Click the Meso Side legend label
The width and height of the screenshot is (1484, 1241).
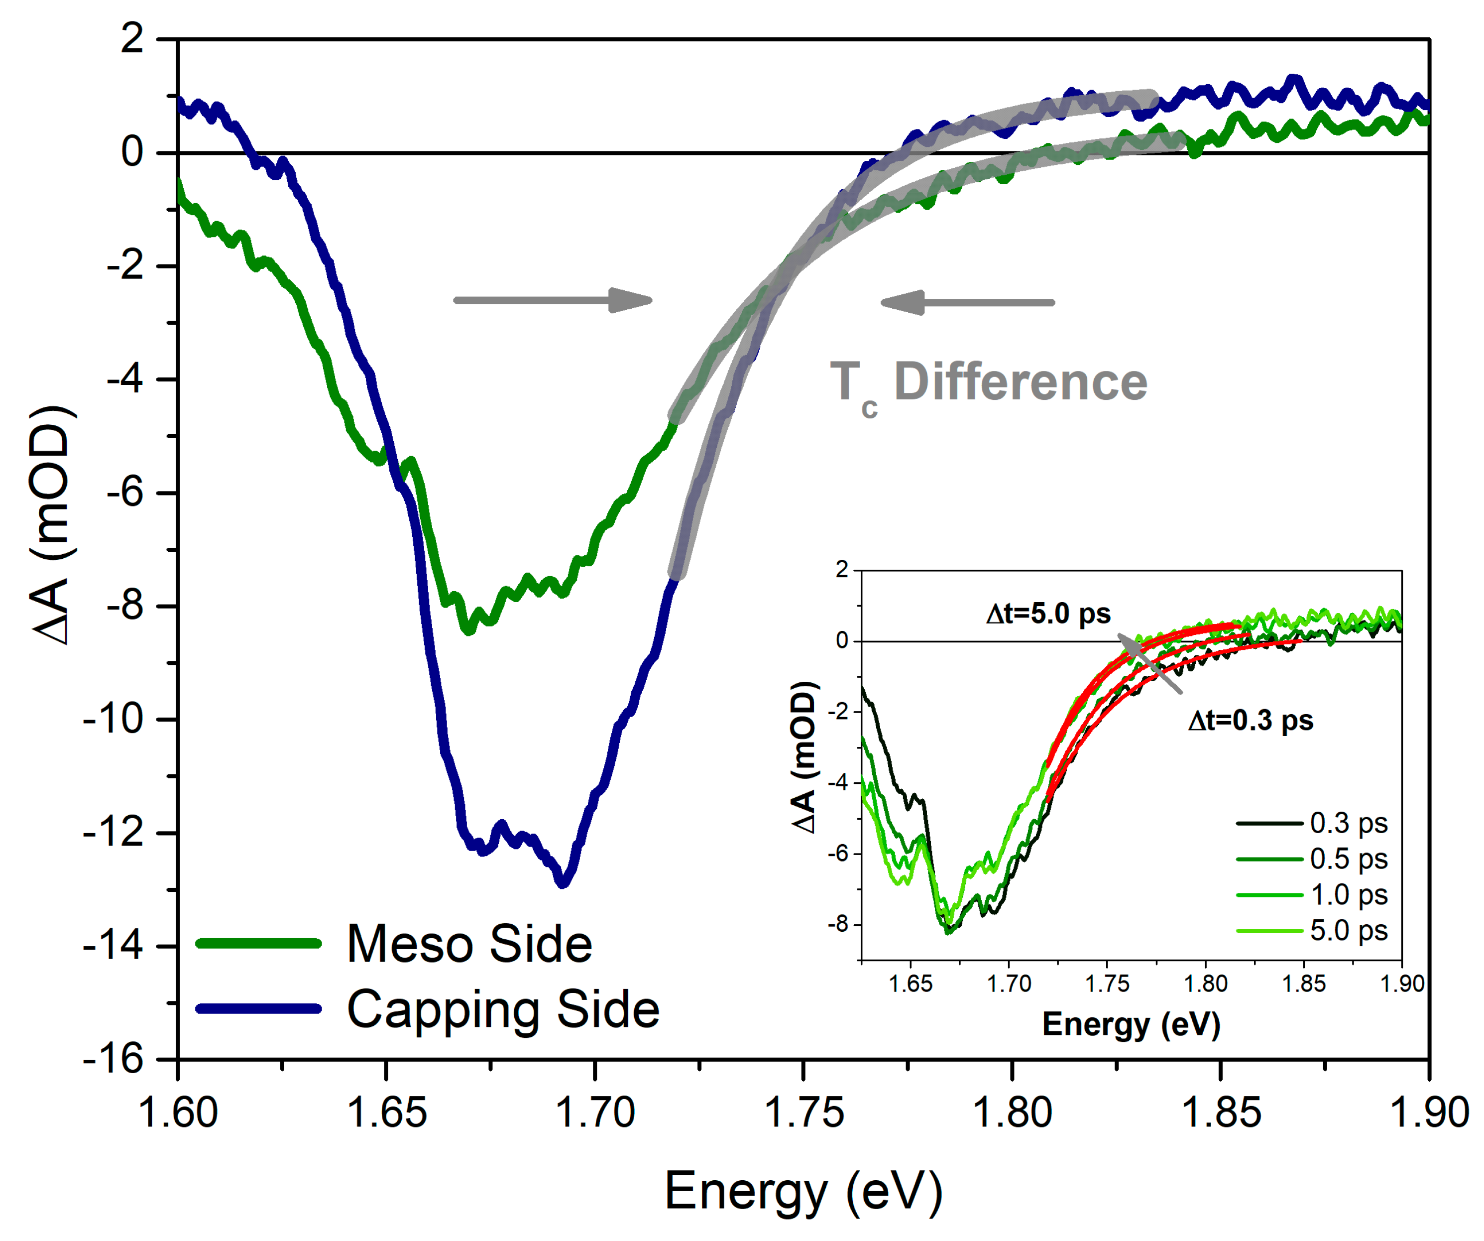(469, 944)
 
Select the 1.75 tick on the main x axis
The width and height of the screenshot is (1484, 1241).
(804, 1113)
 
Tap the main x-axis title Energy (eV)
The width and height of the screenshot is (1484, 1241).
(803, 1192)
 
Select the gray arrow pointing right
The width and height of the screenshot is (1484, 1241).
(553, 300)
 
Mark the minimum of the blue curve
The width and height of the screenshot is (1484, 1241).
(563, 882)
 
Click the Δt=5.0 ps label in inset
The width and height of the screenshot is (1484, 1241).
(1048, 614)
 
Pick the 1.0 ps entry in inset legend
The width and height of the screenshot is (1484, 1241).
(1348, 895)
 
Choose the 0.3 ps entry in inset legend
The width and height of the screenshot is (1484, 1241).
(1348, 823)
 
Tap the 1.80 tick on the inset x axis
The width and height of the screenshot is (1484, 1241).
(1206, 984)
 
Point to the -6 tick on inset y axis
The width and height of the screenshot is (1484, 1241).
(840, 854)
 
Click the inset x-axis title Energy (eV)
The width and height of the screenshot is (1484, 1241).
(1131, 1024)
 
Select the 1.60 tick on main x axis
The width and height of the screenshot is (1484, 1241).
(178, 1113)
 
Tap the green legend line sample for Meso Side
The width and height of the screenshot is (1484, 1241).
(259, 944)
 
